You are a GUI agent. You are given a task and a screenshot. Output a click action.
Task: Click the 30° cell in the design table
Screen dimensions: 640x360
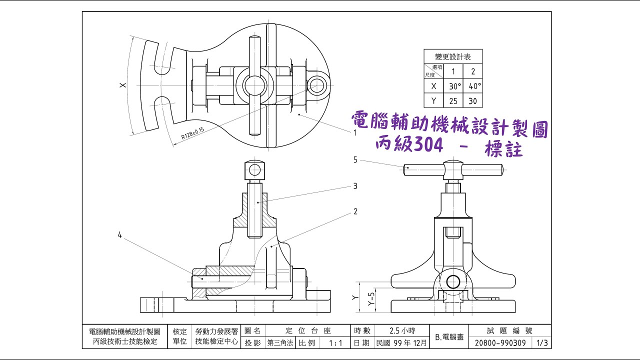454,86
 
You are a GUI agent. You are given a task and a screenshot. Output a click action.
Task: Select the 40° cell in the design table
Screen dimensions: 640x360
473,86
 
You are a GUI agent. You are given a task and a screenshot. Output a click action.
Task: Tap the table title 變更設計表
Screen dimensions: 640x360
453,56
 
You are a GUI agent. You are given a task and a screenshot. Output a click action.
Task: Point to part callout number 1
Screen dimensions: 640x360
354,133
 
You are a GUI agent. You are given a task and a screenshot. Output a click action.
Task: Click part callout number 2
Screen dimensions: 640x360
355,211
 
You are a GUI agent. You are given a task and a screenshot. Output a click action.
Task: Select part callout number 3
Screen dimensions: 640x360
355,186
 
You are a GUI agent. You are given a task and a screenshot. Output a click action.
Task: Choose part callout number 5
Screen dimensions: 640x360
355,160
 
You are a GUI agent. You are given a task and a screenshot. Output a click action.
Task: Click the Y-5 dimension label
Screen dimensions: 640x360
370,298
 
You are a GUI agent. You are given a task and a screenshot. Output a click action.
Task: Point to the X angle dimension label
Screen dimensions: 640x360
122,86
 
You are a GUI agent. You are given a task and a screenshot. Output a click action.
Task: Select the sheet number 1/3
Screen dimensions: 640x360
542,343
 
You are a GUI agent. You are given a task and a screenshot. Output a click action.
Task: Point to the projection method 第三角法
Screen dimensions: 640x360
281,343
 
